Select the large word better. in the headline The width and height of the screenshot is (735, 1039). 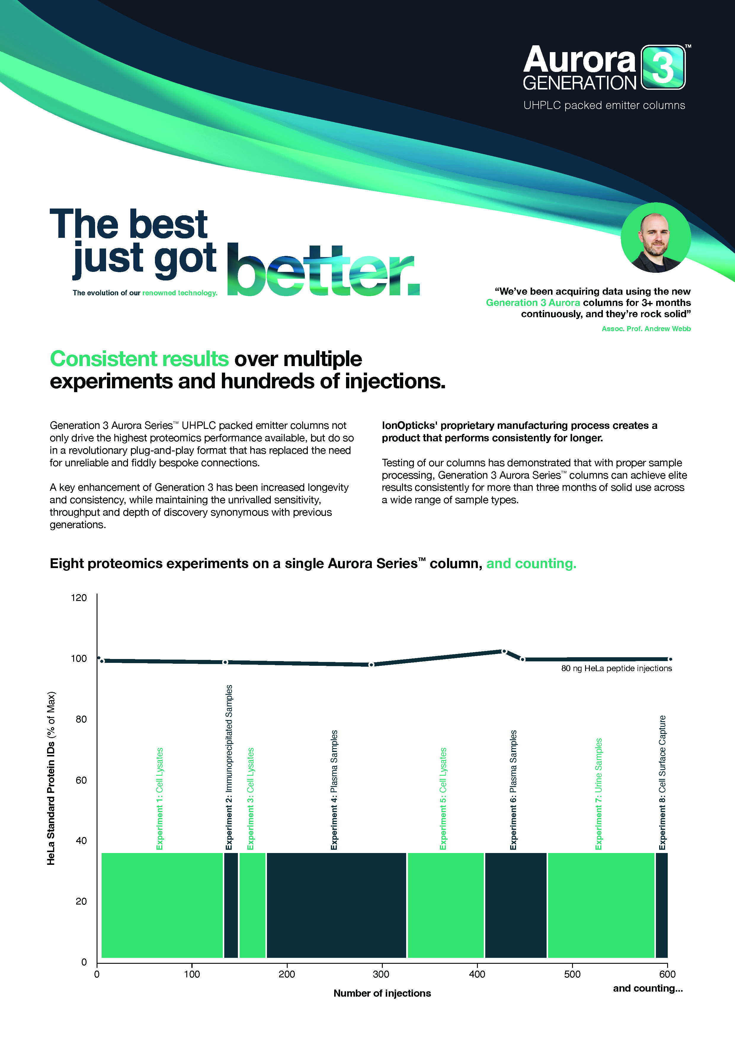coord(323,271)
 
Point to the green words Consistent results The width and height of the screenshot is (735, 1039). coord(140,359)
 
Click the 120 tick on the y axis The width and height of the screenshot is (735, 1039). coord(79,598)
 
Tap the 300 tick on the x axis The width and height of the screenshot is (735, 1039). coord(382,974)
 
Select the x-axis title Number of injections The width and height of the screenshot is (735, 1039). coord(382,993)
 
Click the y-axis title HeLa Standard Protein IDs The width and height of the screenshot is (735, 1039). coord(51,778)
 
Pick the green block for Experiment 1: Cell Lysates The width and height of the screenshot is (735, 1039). coord(162,905)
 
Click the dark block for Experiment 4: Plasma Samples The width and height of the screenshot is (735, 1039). coord(336,905)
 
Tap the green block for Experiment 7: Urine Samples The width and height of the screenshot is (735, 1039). coord(601,905)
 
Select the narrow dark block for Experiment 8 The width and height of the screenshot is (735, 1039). coord(661,905)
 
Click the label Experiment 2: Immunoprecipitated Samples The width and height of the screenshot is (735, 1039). coord(229,767)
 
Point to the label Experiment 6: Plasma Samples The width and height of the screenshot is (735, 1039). coord(513,790)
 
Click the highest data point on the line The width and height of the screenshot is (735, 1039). coord(504,651)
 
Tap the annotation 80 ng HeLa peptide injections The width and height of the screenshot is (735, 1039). coord(616,668)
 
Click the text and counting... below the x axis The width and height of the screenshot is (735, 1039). coord(648,988)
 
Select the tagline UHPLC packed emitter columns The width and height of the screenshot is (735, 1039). coord(604,105)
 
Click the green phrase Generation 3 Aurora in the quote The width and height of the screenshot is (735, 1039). coord(533,303)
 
